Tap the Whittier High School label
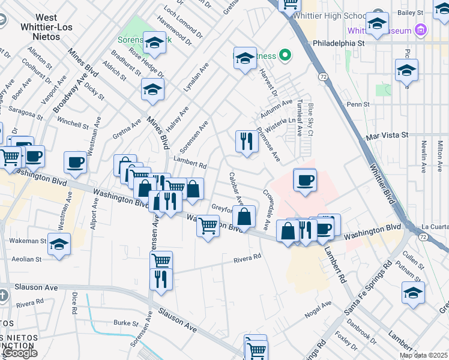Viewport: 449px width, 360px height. click(x=339, y=16)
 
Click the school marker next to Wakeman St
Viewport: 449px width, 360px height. click(x=59, y=244)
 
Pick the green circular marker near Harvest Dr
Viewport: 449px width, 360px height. click(x=286, y=56)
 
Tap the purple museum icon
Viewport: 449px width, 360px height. click(x=421, y=30)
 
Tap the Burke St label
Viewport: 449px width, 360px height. click(x=127, y=323)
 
